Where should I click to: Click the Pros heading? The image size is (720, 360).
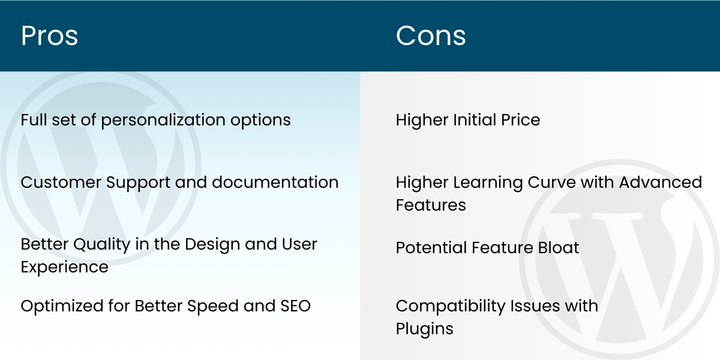coord(49,36)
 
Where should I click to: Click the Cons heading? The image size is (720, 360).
coord(431,36)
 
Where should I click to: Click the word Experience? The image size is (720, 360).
coord(65,267)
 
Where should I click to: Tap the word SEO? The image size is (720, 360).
coord(295,306)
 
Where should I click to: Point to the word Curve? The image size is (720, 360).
coord(546,182)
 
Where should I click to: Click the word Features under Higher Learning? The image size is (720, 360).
coord(431,205)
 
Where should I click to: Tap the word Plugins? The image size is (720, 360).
coord(424,329)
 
